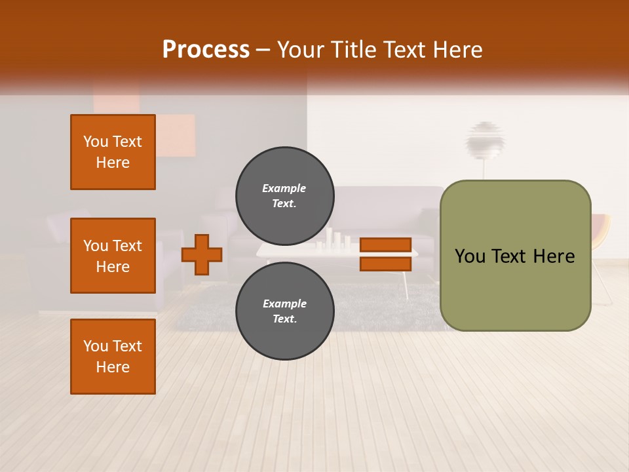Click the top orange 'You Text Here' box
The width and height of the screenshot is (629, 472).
[113, 152]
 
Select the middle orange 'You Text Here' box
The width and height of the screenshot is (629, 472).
[113, 256]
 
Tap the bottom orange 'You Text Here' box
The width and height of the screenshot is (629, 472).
[113, 356]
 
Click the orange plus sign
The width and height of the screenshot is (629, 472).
[202, 254]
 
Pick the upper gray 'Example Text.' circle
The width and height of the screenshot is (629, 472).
[284, 195]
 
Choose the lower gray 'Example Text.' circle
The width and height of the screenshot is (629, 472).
[284, 311]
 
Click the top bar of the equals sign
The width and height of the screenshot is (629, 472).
[385, 245]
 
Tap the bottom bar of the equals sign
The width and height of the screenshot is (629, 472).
[385, 264]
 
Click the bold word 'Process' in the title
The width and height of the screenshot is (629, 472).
[206, 49]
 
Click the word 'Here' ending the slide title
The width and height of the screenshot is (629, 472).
[458, 49]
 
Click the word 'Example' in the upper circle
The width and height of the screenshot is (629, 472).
[284, 188]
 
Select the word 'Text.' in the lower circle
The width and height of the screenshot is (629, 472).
[284, 319]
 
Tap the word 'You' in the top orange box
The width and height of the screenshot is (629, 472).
[96, 142]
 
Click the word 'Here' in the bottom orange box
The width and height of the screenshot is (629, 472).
[113, 367]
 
